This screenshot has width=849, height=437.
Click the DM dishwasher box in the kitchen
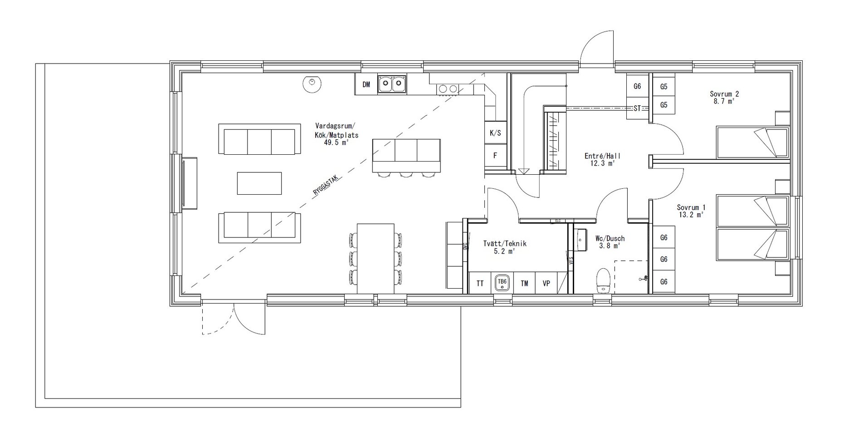pos(366,84)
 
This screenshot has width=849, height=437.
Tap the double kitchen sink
pos(392,84)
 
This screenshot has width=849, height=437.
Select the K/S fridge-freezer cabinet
pos(495,133)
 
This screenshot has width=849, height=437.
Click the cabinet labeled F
pos(495,156)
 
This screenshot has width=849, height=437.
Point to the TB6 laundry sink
pos(502,283)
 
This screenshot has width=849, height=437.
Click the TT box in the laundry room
pos(480,284)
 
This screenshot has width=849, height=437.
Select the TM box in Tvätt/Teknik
pos(524,284)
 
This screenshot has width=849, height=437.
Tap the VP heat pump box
pos(546,284)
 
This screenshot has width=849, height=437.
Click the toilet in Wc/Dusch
pos(603,281)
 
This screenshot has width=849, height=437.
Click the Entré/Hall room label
pos(603,156)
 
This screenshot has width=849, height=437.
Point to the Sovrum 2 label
pos(724,94)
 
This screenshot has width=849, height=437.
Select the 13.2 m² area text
pos(690,215)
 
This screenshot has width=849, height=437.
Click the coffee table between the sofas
pos(259,183)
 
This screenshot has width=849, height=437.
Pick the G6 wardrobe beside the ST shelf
pos(637,86)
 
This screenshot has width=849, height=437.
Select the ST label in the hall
pos(637,108)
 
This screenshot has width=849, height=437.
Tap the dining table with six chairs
pos(376,258)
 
